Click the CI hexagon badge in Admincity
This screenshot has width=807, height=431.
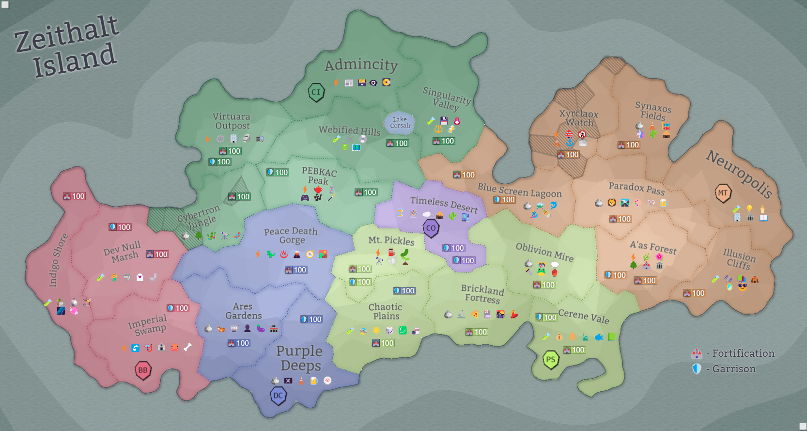click(316, 92)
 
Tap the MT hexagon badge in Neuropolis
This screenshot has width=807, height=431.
click(723, 193)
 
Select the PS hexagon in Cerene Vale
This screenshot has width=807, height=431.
click(551, 360)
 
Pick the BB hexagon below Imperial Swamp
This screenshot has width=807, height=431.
click(143, 370)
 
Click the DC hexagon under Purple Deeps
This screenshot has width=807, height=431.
click(278, 396)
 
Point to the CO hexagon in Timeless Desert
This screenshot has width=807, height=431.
click(431, 228)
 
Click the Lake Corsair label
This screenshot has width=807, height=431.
click(400, 123)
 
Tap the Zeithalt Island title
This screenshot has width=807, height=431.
click(67, 47)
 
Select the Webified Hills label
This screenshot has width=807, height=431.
click(349, 130)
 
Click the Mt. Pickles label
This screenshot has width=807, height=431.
click(391, 240)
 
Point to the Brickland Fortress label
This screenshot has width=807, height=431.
click(482, 294)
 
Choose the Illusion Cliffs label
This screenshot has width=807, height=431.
click(739, 259)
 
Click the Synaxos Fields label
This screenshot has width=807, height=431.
click(653, 111)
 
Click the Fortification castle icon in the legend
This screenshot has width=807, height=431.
click(697, 353)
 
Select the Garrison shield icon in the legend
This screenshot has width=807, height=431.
click(697, 369)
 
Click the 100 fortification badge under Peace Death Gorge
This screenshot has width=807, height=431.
click(295, 270)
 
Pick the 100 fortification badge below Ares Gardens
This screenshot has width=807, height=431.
click(238, 343)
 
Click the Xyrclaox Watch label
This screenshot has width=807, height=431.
click(579, 118)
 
